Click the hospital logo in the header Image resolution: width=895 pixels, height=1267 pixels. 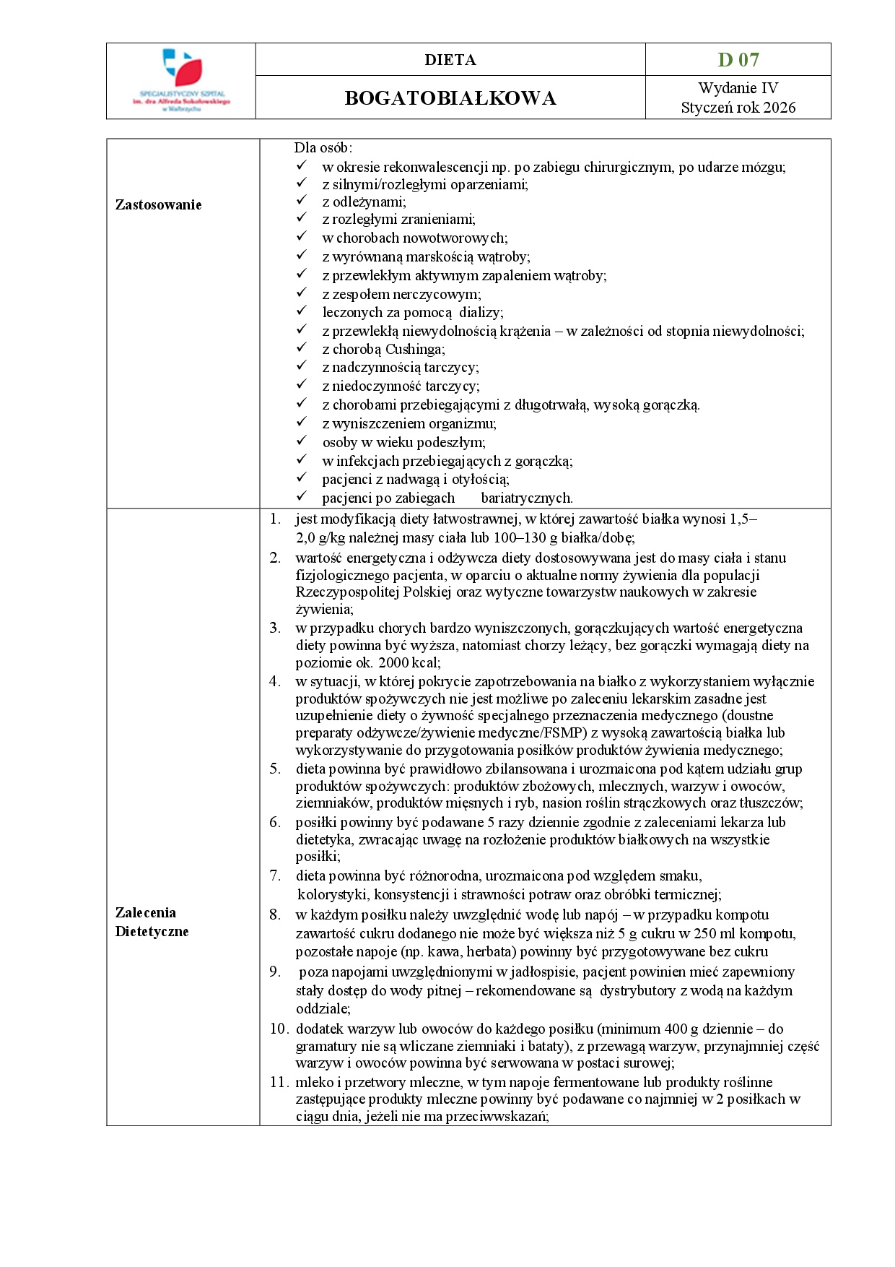click(x=180, y=80)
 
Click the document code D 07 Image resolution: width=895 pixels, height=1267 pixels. click(x=738, y=59)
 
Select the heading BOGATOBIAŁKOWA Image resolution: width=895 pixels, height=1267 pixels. click(x=450, y=98)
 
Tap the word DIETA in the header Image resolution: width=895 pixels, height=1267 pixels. click(x=450, y=60)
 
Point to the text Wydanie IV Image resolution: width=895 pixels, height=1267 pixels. click(x=738, y=88)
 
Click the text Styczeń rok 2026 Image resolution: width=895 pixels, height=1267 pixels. click(x=738, y=108)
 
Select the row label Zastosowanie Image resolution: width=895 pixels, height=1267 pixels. click(x=158, y=204)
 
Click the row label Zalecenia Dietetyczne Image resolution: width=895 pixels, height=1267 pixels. click(x=152, y=922)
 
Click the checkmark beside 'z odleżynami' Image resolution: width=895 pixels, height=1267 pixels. click(x=302, y=200)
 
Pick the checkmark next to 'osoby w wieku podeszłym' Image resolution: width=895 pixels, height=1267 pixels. click(x=302, y=441)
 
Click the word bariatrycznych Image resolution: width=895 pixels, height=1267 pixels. click(x=526, y=498)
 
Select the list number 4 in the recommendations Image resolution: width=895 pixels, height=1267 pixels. click(x=275, y=681)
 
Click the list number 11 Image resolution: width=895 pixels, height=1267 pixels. click(x=279, y=1082)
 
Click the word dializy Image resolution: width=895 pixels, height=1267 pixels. click(x=481, y=312)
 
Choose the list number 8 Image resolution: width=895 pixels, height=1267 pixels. click(x=275, y=915)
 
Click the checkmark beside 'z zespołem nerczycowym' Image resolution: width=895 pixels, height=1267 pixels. click(x=302, y=293)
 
